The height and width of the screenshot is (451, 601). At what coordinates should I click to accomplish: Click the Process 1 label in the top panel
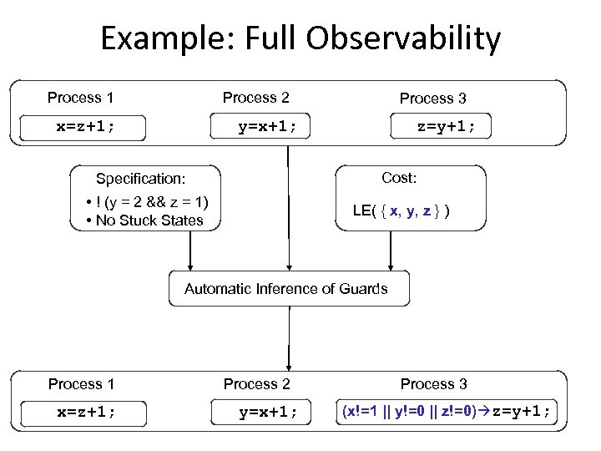coord(80,98)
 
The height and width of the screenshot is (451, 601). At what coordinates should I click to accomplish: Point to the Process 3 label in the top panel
coord(432,99)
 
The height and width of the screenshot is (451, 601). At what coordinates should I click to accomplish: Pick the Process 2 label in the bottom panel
coord(256,384)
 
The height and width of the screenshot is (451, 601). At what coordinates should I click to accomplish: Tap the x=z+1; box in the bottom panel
coord(86,413)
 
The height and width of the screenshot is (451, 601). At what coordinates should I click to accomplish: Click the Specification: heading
coord(140,178)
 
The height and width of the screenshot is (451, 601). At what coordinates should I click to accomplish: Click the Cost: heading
coord(399,178)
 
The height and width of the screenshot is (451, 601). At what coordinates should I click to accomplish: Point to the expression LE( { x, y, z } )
coord(402,210)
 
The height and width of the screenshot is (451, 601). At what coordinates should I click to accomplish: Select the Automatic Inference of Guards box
coord(286,289)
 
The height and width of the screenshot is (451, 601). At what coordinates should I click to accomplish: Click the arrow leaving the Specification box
coord(190,251)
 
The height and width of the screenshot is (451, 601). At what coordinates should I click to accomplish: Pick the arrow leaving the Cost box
coord(390,251)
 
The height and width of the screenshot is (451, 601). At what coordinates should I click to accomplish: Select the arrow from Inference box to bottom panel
coord(289,338)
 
